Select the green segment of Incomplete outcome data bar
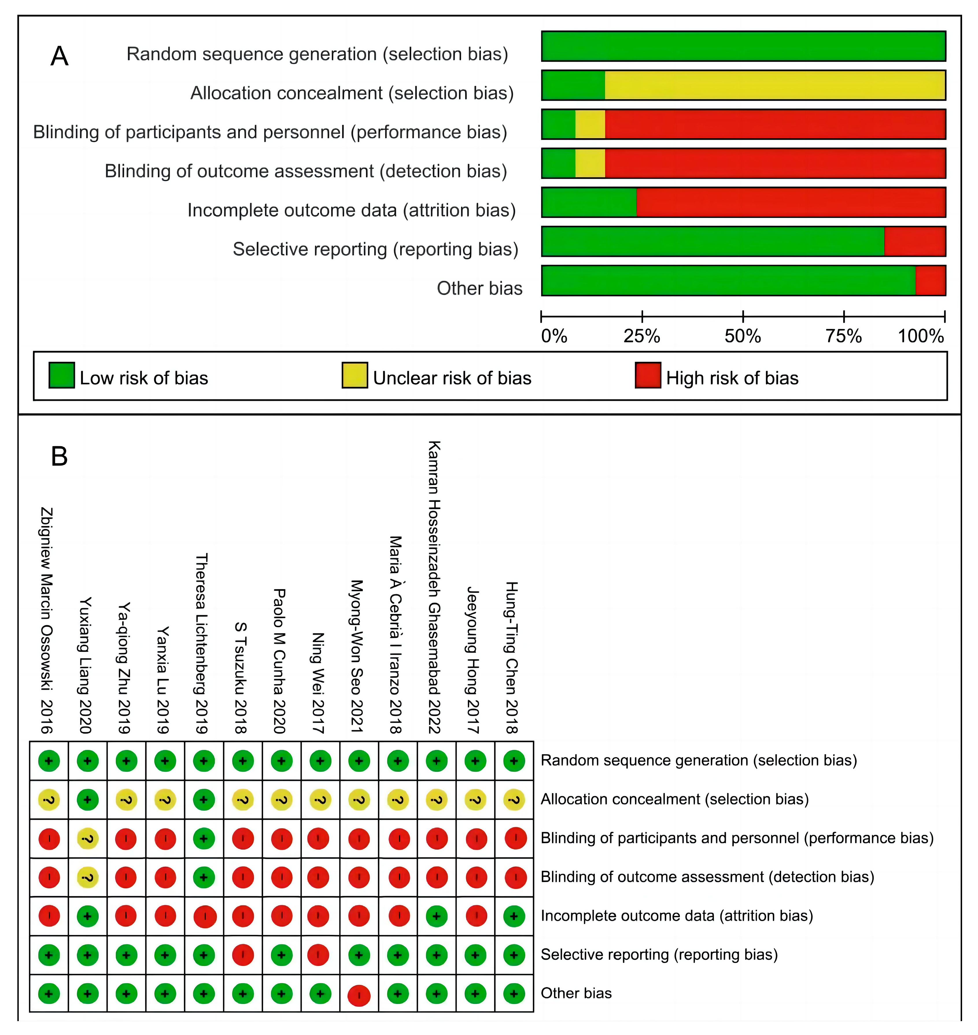pos(589,202)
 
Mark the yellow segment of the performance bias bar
pos(590,124)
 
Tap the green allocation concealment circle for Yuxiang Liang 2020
pos(88,799)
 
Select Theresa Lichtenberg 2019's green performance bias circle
pos(204,838)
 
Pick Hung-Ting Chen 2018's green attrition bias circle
pos(514,916)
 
